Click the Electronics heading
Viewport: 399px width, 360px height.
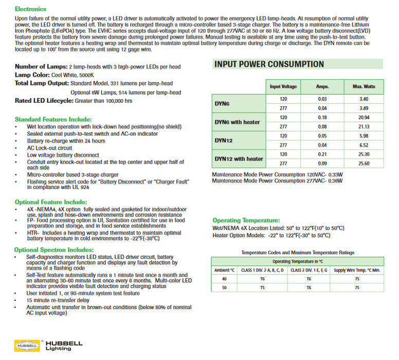[30, 9]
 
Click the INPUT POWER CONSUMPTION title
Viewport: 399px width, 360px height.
[269, 64]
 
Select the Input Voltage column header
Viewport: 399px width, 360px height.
[283, 86]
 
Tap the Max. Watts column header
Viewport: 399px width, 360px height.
[364, 86]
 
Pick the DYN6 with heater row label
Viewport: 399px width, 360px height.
[237, 122]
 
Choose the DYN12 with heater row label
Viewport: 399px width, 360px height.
[239, 159]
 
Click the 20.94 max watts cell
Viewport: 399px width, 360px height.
[364, 117]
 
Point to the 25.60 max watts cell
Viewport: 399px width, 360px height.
[364, 164]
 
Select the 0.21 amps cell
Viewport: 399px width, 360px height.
[322, 154]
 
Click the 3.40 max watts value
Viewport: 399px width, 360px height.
[364, 99]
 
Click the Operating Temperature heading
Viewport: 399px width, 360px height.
[246, 220]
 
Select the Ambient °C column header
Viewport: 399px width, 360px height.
[224, 270]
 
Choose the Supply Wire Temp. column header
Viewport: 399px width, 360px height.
[357, 270]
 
